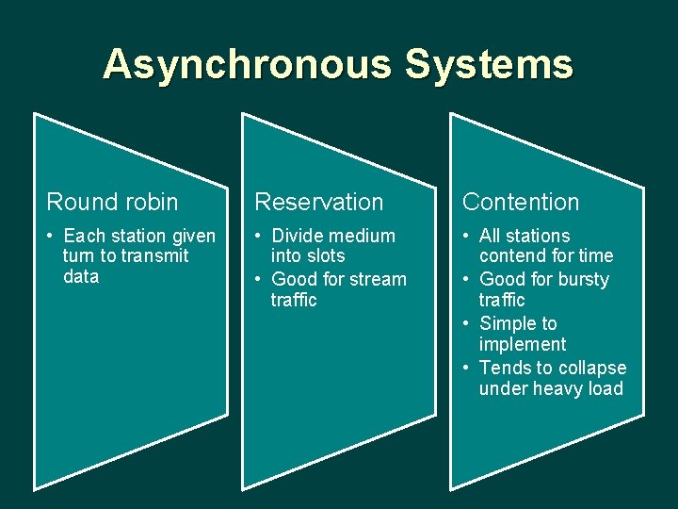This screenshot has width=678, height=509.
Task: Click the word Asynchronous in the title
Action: [248, 65]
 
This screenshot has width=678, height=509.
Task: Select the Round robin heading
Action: [112, 202]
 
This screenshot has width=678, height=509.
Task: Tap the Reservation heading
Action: [319, 202]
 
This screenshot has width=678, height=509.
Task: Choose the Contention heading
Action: [521, 202]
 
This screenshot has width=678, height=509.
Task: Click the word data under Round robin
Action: [80, 277]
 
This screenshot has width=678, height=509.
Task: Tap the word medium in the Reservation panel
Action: [363, 236]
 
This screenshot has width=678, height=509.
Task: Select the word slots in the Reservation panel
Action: [327, 256]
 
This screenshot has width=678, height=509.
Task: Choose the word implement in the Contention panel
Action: [523, 344]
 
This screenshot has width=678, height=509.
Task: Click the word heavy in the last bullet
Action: [559, 388]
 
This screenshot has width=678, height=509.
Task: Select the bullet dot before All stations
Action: [468, 236]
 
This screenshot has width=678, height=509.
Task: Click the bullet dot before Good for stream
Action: [260, 279]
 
